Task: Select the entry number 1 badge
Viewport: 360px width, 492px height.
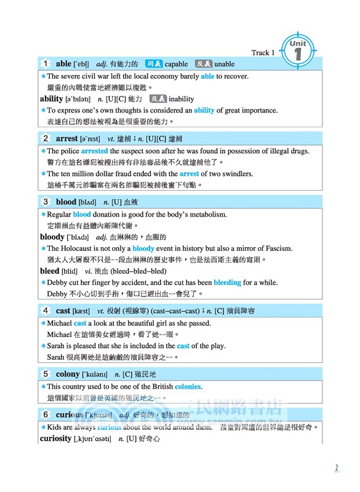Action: click(46, 63)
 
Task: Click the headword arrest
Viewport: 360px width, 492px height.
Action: click(67, 138)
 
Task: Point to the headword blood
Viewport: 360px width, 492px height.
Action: click(66, 202)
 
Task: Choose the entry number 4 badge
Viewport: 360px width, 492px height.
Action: click(46, 311)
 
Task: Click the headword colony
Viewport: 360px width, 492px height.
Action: click(68, 374)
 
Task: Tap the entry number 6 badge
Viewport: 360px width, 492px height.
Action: click(46, 415)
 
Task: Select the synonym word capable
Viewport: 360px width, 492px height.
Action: click(177, 64)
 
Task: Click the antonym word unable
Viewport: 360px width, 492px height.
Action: click(225, 64)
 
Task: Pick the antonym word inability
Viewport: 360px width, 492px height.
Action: click(182, 98)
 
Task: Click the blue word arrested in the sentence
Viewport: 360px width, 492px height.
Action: click(94, 151)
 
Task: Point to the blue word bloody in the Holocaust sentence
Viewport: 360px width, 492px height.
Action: click(143, 248)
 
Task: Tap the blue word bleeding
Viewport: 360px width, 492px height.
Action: click(227, 282)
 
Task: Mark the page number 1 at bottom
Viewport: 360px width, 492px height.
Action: click(337, 468)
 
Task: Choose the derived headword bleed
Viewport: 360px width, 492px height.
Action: click(50, 271)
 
